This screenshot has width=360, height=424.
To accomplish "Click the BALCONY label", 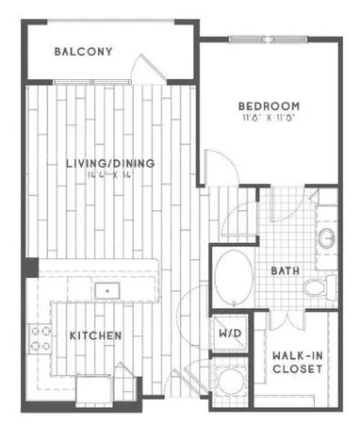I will [x=84, y=51].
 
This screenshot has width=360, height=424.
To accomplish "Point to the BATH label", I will [x=285, y=271].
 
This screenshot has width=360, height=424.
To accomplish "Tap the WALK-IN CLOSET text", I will [x=298, y=362].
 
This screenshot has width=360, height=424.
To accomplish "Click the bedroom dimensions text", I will [x=269, y=118].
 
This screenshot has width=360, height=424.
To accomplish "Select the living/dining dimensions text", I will [x=110, y=176].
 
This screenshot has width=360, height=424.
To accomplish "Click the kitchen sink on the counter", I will [x=109, y=290].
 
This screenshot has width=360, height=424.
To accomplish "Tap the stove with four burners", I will [x=40, y=336].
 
